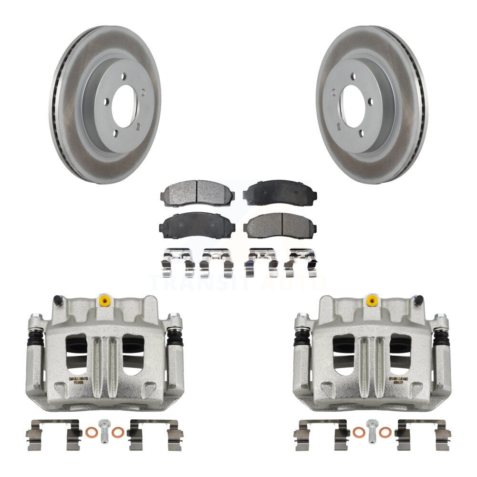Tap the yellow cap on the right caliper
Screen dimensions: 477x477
point(370,301)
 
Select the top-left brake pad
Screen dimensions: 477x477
point(197,193)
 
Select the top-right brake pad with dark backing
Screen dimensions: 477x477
point(280,193)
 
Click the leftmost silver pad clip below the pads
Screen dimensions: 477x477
point(177,262)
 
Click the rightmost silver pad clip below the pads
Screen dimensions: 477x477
point(301,262)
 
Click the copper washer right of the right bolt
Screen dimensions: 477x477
point(384,433)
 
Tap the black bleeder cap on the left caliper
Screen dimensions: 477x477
point(57,301)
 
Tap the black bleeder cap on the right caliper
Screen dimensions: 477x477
point(418,301)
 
